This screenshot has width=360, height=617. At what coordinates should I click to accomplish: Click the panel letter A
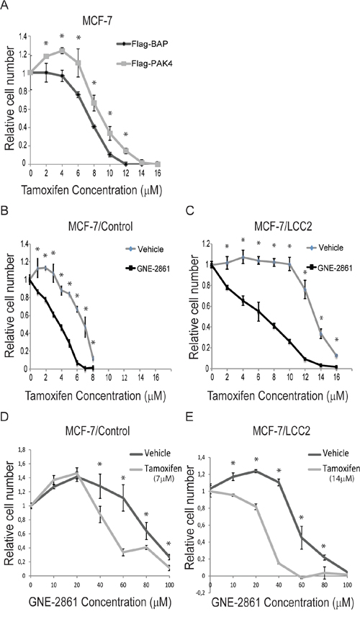pos(5,5)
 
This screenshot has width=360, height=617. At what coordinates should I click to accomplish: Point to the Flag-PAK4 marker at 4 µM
pos(62,50)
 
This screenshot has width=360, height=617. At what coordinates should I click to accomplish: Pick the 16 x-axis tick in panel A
pos(158,172)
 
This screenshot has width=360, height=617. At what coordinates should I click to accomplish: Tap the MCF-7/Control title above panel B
pos(98,226)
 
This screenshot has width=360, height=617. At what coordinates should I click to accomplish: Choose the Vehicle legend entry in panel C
pos(324,248)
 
